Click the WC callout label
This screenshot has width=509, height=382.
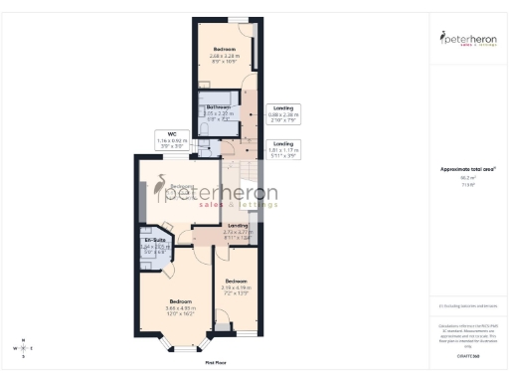coord(171,138)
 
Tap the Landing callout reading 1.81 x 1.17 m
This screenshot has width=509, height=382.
coord(284,150)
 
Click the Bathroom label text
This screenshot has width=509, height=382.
coord(218,110)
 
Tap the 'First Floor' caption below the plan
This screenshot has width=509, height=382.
coord(216,364)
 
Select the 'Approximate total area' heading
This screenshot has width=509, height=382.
coord(467,168)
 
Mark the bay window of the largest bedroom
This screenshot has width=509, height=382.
coord(180,349)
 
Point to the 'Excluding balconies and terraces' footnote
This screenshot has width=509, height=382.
coord(467,307)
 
